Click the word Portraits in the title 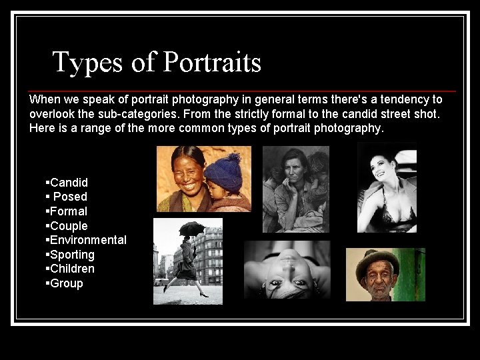pos(212,63)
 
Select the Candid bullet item pos(69,182)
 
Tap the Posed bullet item pos(70,197)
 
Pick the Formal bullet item pos(69,211)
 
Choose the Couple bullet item pos(69,226)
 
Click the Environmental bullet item pos(88,240)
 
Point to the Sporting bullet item pos(72,255)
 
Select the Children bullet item pos(72,269)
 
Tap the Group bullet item pos(67,283)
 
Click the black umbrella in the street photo pos(191,228)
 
